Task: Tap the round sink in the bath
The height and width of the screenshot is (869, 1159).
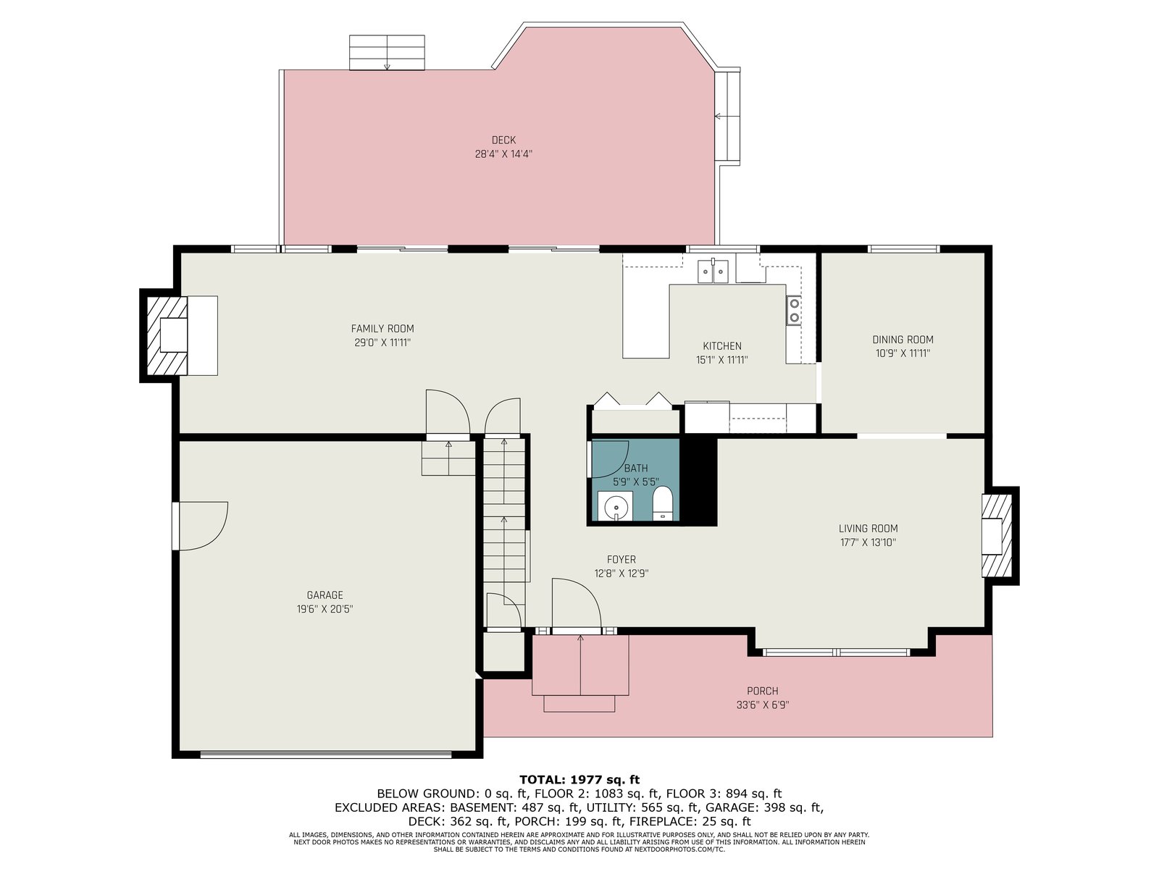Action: pos(615,506)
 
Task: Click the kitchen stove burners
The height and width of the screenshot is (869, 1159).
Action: pos(794,310)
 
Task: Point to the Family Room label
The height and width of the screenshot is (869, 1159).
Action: pos(382,329)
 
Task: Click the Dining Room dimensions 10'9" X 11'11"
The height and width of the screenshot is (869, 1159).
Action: pos(903,353)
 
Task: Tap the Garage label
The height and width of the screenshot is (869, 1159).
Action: pos(325,595)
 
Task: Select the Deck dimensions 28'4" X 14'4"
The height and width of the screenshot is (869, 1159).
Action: pos(503,154)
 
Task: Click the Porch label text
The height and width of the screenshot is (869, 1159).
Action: pos(763,691)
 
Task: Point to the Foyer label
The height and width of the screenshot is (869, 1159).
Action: pos(622,559)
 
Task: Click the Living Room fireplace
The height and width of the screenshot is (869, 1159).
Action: pos(997,536)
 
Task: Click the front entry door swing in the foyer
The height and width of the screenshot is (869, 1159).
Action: pos(577,604)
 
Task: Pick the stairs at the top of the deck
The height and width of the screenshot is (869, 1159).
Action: pos(387,52)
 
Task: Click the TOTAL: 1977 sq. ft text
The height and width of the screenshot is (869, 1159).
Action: pos(579,779)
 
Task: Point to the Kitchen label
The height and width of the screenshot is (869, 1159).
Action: pos(721,346)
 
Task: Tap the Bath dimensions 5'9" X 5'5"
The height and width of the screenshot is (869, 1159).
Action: pos(636,482)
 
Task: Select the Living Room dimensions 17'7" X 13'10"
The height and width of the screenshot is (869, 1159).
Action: pos(868,542)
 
